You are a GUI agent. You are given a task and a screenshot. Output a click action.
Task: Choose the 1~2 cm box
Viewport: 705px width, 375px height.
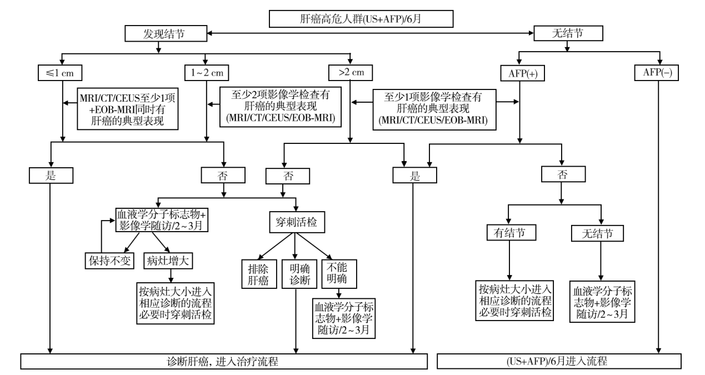tap(207, 72)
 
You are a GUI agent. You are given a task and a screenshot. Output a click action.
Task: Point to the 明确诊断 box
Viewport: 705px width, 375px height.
tap(296, 273)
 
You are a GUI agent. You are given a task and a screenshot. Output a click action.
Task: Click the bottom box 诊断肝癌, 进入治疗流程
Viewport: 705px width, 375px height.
tap(224, 362)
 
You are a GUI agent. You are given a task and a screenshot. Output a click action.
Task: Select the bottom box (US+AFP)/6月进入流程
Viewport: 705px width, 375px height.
tap(559, 362)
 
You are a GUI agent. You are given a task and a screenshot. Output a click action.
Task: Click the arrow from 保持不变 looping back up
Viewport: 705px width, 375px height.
tap(99, 236)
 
